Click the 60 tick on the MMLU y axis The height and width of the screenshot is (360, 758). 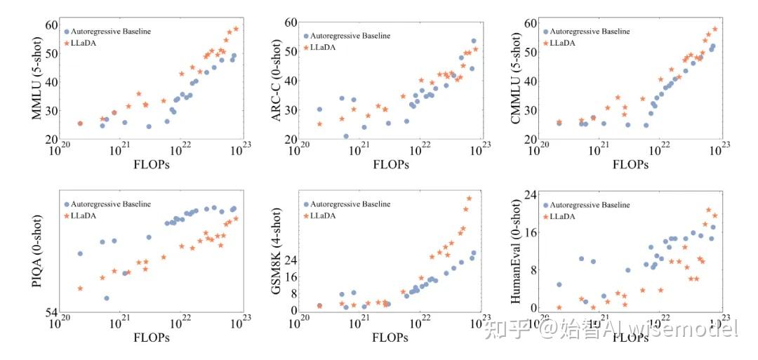tap(50, 25)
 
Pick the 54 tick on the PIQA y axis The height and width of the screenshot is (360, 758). tap(50, 312)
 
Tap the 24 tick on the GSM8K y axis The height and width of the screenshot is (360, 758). tap(288, 260)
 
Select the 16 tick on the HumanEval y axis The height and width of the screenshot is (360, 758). tap(530, 232)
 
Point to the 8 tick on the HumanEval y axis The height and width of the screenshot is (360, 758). tap(533, 269)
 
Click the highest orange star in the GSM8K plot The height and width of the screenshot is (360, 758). tap(469, 198)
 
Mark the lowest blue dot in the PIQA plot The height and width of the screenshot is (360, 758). tap(106, 298)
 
